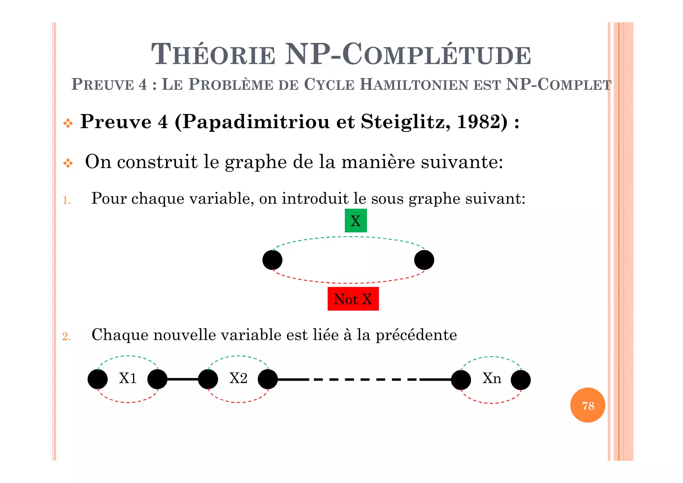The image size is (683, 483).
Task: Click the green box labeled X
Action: click(x=356, y=220)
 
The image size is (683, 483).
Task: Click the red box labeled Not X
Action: click(x=353, y=299)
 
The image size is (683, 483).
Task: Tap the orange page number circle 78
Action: click(x=588, y=405)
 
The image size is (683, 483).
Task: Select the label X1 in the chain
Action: click(x=128, y=378)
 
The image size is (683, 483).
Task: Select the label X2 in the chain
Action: click(x=238, y=378)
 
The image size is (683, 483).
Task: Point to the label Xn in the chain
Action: click(x=492, y=378)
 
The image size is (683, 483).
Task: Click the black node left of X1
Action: click(x=98, y=379)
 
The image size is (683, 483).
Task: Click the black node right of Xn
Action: click(x=521, y=380)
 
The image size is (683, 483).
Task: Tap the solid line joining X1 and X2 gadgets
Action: click(x=182, y=379)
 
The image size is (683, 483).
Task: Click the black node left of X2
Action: click(x=208, y=379)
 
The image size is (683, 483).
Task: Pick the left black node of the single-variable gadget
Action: click(x=272, y=260)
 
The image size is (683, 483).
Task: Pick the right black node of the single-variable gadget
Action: click(x=424, y=260)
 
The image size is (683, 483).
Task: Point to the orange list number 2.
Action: click(x=66, y=336)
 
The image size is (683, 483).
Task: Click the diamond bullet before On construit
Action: click(x=68, y=163)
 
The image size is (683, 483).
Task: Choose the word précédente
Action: click(x=416, y=335)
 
